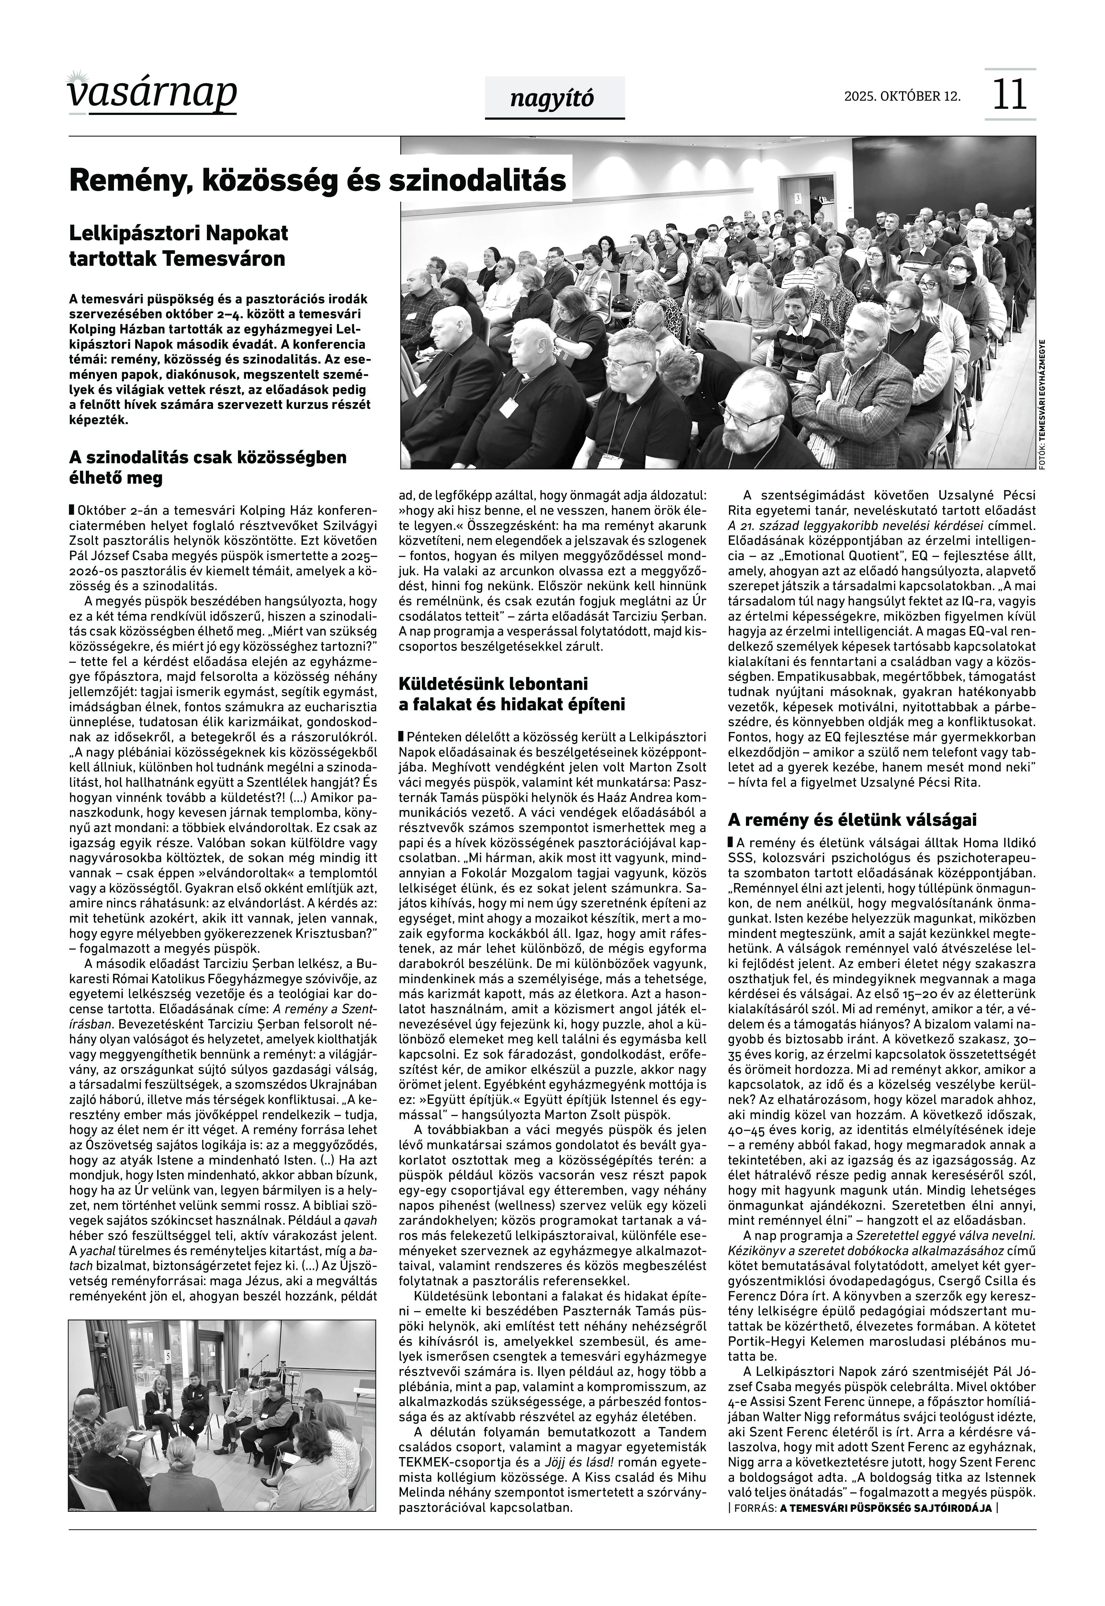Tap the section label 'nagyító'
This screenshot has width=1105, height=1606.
[552, 99]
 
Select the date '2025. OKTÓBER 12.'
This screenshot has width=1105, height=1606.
[902, 96]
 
